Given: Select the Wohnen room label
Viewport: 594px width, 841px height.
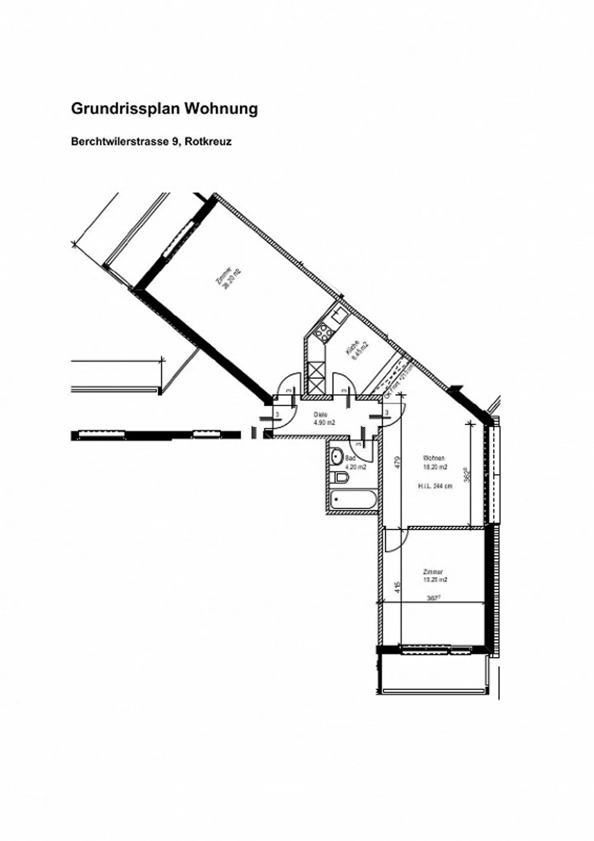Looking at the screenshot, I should pyautogui.click(x=434, y=458).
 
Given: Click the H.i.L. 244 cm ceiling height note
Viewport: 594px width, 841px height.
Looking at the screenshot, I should pyautogui.click(x=435, y=486).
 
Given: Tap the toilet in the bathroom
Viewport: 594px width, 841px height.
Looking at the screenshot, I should pyautogui.click(x=340, y=478).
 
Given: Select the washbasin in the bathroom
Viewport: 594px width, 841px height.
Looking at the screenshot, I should pyautogui.click(x=337, y=456).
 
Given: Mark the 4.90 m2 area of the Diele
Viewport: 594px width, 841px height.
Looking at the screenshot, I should pyautogui.click(x=324, y=422).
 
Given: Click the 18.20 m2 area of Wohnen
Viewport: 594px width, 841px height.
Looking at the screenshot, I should pyautogui.click(x=435, y=467).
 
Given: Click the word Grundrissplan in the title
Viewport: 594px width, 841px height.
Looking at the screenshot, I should pyautogui.click(x=125, y=109).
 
